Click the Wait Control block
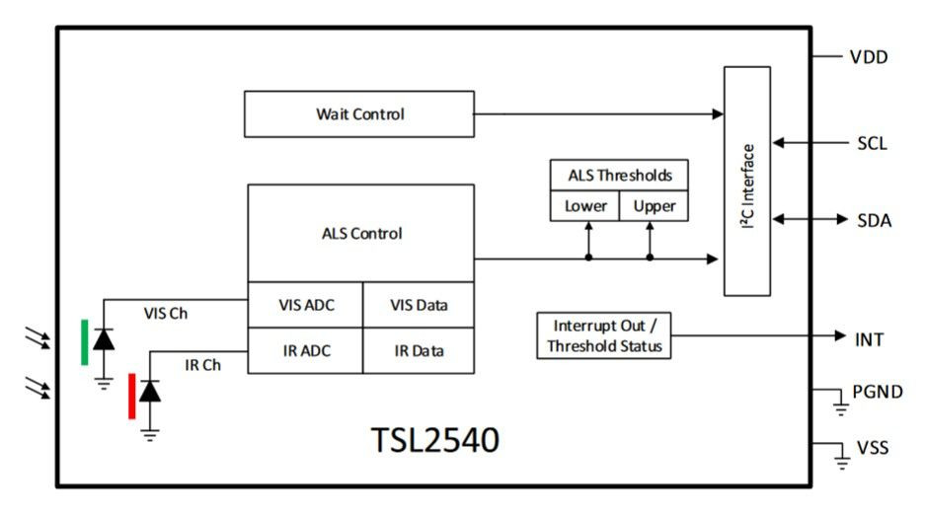[x=359, y=113]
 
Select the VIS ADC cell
[x=306, y=305]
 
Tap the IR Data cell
[x=419, y=350]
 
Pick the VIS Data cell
[x=419, y=305]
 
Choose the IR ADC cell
[x=306, y=350]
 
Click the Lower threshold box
[x=584, y=206]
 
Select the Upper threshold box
[x=654, y=206]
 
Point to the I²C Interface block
[x=747, y=181]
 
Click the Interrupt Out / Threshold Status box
[x=603, y=335]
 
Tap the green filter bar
[x=84, y=342]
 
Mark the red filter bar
[x=132, y=397]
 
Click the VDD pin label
[x=869, y=57]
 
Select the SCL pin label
[x=872, y=143]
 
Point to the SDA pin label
[x=874, y=220]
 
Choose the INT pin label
[x=869, y=339]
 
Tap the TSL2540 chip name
[x=434, y=440]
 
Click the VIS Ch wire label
[x=165, y=313]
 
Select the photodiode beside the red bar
[x=150, y=392]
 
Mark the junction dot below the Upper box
[x=650, y=257]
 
